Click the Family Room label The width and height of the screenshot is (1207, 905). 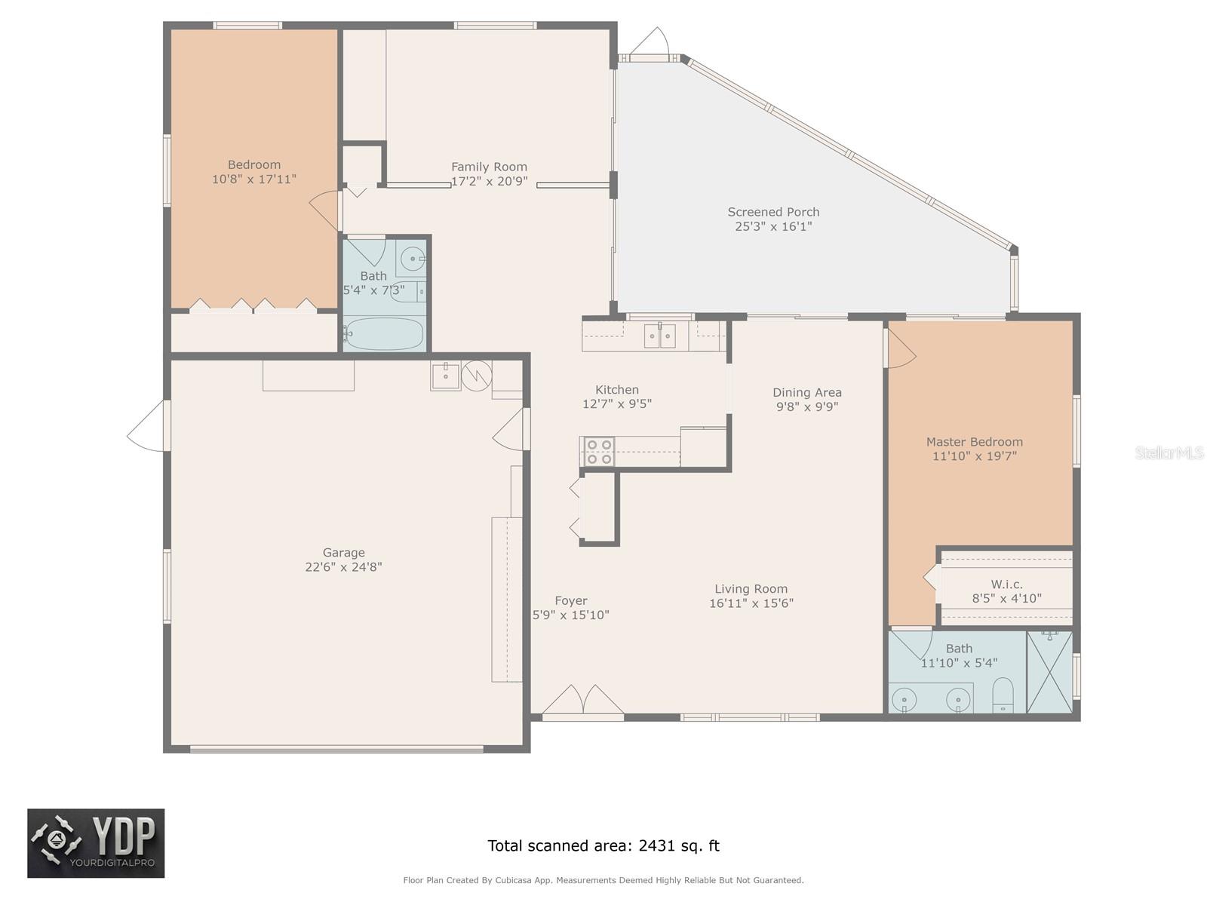[x=489, y=167]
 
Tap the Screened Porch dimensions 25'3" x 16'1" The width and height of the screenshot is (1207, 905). [x=773, y=226]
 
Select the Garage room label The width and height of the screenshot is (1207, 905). [x=344, y=552]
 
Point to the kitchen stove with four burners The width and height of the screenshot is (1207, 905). [x=599, y=451]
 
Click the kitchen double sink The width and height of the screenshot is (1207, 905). [x=660, y=336]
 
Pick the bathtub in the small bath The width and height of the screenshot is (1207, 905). [x=384, y=334]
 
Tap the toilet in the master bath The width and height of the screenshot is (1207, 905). [x=1003, y=695]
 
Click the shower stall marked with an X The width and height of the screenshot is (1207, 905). [x=1049, y=672]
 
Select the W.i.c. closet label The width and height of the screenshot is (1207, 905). [x=1007, y=584]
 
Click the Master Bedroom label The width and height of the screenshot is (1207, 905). [x=975, y=442]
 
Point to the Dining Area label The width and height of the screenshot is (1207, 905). [x=806, y=392]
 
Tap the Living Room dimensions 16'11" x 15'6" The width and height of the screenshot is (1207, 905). [x=751, y=603]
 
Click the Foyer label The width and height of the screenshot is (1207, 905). [x=571, y=600]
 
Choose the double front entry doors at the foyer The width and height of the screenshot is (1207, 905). [x=583, y=700]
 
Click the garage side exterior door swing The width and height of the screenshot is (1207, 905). [x=147, y=426]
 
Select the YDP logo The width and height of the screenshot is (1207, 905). [x=96, y=843]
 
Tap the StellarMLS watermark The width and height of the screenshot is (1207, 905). [x=1169, y=452]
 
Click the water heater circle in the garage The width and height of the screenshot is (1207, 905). [x=477, y=376]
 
